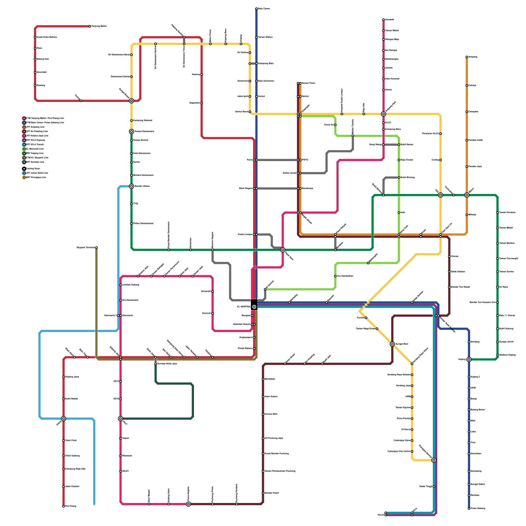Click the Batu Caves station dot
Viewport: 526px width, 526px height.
(x=256, y=9)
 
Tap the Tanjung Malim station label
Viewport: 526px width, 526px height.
(x=99, y=26)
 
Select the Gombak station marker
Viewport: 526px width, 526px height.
(x=383, y=20)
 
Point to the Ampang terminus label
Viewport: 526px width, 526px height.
(x=473, y=57)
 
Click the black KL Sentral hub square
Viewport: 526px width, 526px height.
(x=254, y=303)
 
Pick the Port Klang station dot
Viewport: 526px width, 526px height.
(x=63, y=506)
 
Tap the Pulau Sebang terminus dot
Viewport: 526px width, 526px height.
(x=469, y=509)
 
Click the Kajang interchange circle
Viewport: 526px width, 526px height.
(x=469, y=359)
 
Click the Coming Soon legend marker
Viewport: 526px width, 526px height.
(x=24, y=169)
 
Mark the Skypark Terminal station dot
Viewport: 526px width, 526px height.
(x=96, y=248)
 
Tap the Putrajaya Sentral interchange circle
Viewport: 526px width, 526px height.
(x=434, y=460)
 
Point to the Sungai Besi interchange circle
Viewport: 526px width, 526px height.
(x=392, y=344)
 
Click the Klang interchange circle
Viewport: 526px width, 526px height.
(x=63, y=418)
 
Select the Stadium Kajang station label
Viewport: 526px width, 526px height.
(x=507, y=355)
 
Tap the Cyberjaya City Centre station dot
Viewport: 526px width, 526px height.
(x=412, y=451)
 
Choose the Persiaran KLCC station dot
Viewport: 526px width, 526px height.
(x=441, y=134)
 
